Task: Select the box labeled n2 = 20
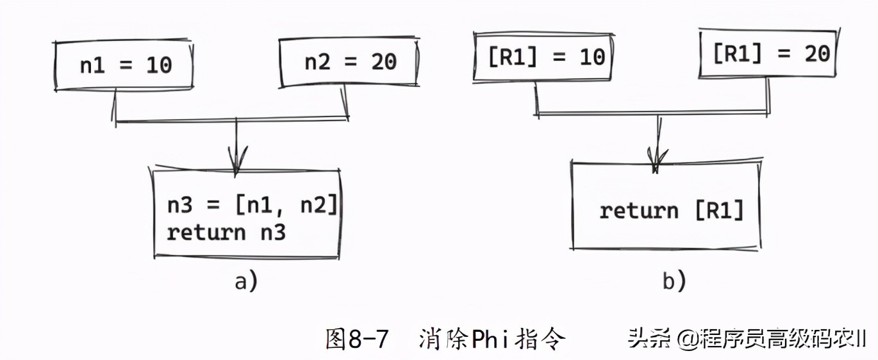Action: [350, 62]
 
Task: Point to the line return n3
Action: [226, 232]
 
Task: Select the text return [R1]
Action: [671, 210]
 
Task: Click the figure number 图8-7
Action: [356, 338]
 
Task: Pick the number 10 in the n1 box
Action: [158, 65]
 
